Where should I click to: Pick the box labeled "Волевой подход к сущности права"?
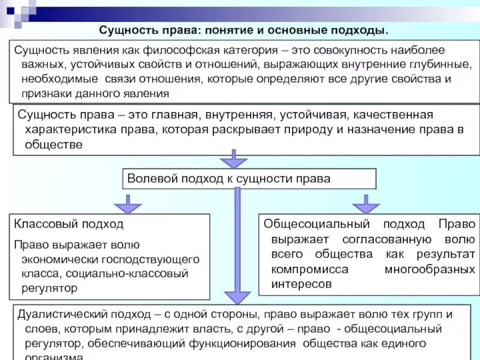coord(250,179)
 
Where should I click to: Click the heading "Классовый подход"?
coord(68,224)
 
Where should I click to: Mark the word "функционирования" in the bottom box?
coord(248,344)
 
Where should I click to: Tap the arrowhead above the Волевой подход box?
coord(234,163)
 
